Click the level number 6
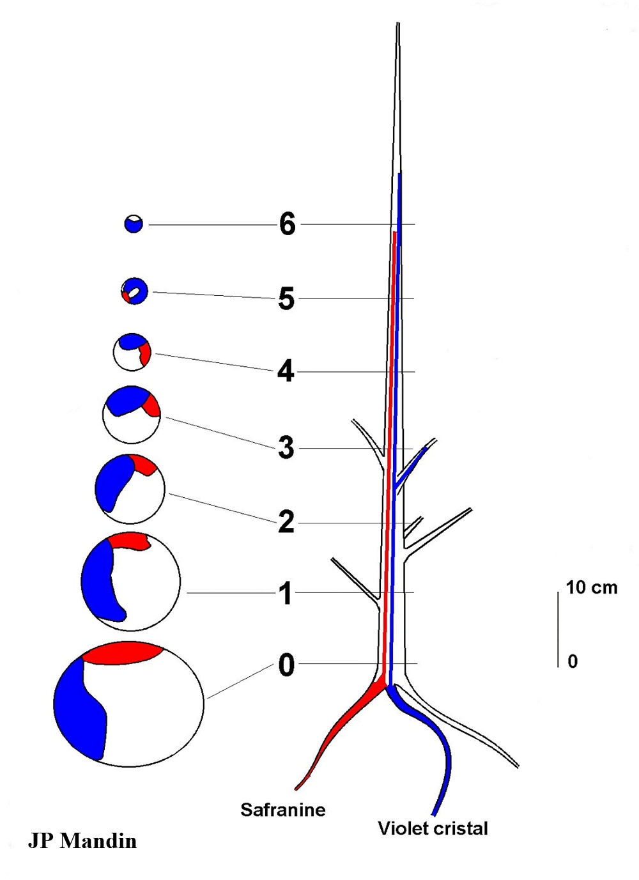click(x=288, y=224)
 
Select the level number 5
click(x=286, y=298)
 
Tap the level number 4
click(x=286, y=371)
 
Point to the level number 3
click(x=286, y=448)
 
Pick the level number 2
click(x=286, y=523)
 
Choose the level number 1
click(x=286, y=594)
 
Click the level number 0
click(x=286, y=665)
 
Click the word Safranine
click(x=282, y=810)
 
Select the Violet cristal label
click(x=433, y=828)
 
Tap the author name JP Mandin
click(x=82, y=840)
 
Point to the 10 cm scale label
click(x=592, y=587)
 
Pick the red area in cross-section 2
click(x=144, y=465)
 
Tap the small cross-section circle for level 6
click(x=134, y=224)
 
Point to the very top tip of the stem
click(x=398, y=24)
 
